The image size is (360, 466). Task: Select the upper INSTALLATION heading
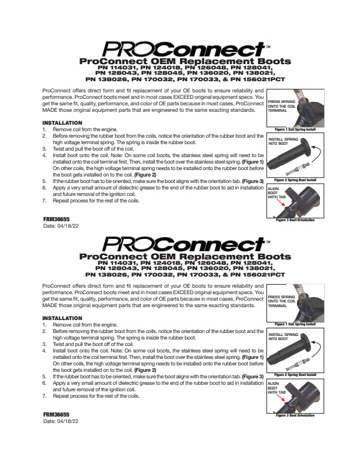point(62,123)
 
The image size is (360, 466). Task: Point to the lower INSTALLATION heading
point(62,318)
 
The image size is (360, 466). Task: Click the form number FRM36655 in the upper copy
point(56,218)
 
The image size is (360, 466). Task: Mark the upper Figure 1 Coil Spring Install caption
point(295,128)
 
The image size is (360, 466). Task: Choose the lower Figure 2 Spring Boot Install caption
point(295,374)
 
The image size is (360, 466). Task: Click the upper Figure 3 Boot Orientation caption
point(295,220)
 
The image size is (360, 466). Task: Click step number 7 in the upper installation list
point(45,201)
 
